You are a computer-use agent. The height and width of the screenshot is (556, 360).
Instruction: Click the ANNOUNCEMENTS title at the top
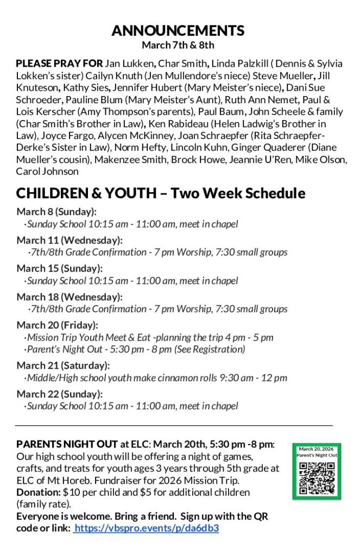tap(178, 30)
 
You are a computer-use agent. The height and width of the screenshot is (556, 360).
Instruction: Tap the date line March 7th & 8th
tap(178, 45)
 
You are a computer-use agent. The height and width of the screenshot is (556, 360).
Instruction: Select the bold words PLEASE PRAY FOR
tap(59, 64)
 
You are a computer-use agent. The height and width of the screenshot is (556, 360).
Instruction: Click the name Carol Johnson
tap(47, 171)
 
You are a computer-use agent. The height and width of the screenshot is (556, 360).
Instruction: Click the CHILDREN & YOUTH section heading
tap(161, 193)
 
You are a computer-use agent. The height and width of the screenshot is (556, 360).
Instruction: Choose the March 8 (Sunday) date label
tap(56, 212)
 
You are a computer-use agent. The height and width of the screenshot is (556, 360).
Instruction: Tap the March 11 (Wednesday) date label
tap(70, 240)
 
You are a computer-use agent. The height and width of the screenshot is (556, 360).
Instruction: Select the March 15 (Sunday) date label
tap(59, 268)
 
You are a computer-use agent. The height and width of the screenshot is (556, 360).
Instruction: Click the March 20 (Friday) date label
tap(57, 325)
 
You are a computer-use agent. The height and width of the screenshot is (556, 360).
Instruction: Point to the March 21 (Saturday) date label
tap(63, 365)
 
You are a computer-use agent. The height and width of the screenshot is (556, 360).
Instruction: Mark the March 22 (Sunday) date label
tap(59, 394)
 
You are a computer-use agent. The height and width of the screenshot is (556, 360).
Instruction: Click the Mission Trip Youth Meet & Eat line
tap(149, 337)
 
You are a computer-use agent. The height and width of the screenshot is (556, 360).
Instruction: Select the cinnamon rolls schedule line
tap(156, 378)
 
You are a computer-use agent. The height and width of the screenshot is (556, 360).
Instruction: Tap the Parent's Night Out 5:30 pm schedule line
tap(136, 349)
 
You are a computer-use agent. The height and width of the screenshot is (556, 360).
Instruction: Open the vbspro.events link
tap(147, 528)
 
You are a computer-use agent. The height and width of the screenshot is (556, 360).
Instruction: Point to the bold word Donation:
tap(38, 492)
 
